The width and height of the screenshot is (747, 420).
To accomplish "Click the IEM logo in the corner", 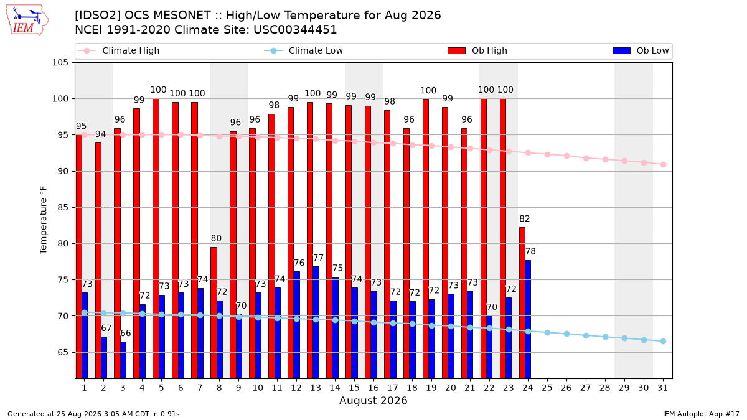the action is [27, 21].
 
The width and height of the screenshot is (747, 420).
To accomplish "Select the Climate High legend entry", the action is [118, 50].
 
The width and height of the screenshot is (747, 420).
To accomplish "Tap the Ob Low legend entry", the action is [641, 50].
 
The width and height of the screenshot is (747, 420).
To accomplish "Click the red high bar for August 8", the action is [214, 312].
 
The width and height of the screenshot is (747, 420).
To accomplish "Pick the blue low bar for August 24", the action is [528, 319].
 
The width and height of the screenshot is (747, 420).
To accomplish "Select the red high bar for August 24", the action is [522, 302].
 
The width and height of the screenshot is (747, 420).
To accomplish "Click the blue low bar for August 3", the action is [123, 360].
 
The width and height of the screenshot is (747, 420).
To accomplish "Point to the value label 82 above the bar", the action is [525, 218].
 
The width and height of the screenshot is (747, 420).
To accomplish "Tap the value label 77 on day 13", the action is [319, 258].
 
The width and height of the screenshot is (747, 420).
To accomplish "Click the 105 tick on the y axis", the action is [60, 63].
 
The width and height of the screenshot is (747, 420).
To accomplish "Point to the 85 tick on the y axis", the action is [63, 207].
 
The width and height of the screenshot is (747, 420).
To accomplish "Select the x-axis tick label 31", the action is [662, 388].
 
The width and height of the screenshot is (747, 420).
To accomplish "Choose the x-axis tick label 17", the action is [393, 388].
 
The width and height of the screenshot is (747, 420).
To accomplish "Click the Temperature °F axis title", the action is [44, 220].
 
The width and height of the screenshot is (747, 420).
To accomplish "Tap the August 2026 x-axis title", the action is [374, 400].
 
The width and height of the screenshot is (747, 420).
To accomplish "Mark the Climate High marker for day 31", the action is [664, 165].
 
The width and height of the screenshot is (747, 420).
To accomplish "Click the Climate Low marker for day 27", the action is [586, 335].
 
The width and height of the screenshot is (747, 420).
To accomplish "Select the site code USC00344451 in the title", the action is [295, 30].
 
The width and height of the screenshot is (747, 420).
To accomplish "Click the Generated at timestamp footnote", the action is [93, 414].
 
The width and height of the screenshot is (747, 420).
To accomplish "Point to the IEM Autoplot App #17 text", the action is [701, 414].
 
